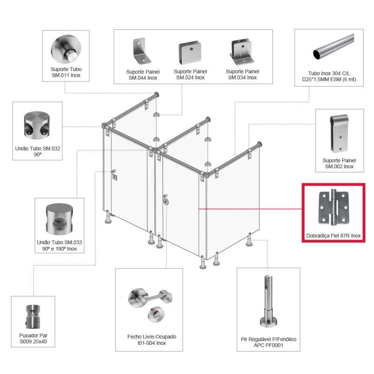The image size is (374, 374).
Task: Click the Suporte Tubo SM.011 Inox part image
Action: tap(66, 49)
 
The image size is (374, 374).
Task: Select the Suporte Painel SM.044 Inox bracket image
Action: tap(142, 51)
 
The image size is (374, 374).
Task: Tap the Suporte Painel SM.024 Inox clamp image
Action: tap(190, 53)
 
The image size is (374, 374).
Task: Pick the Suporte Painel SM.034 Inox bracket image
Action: tap(242, 52)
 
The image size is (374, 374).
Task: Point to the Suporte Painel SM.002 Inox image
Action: tap(339, 134)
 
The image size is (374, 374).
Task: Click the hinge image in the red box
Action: tap(333, 208)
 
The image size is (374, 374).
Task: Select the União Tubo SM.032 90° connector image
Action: tap(37, 125)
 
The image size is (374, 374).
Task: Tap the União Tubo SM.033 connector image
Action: tap(59, 219)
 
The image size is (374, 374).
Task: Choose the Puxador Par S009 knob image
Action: tap(33, 316)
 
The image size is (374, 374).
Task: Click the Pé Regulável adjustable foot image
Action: tap(268, 301)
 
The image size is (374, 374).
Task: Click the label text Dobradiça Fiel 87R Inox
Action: tap(333, 236)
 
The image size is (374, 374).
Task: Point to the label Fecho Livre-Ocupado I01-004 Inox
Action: tap(151, 340)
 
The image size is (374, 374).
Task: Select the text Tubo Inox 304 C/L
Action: tap(329, 73)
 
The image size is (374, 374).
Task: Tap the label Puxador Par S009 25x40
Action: tap(33, 338)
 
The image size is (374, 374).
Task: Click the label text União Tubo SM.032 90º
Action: tap(37, 151)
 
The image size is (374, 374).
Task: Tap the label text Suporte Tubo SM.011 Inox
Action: tap(66, 72)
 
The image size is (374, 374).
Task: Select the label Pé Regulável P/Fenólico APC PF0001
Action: tap(268, 342)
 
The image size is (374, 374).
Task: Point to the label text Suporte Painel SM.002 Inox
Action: tap(339, 163)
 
